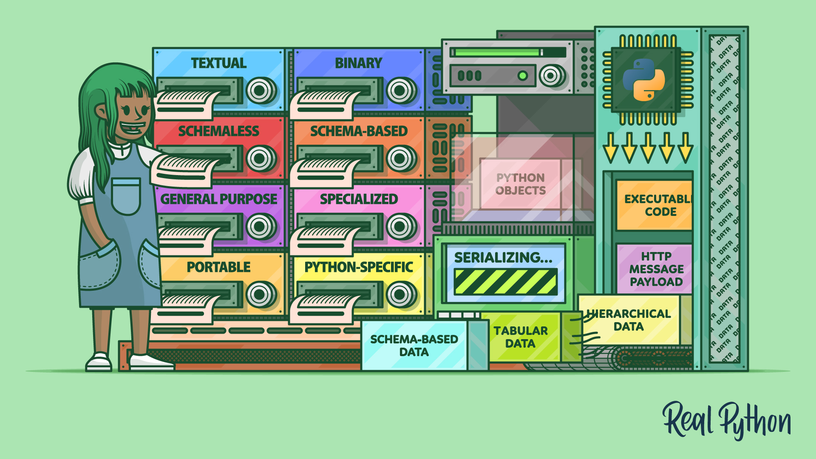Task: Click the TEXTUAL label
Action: (218, 63)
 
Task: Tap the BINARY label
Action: (358, 63)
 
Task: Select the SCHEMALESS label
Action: (218, 131)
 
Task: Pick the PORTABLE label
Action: (218, 267)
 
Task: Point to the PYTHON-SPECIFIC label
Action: (358, 267)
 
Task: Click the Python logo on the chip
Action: (643, 79)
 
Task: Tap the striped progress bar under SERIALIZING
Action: (505, 282)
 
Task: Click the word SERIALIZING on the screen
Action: (503, 258)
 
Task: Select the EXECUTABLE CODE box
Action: (654, 205)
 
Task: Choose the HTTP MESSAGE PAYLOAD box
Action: (654, 269)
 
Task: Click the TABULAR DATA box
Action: (520, 337)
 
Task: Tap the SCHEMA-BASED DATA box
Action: (414, 345)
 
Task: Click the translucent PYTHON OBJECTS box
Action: (520, 184)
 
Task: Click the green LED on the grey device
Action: (522, 76)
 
